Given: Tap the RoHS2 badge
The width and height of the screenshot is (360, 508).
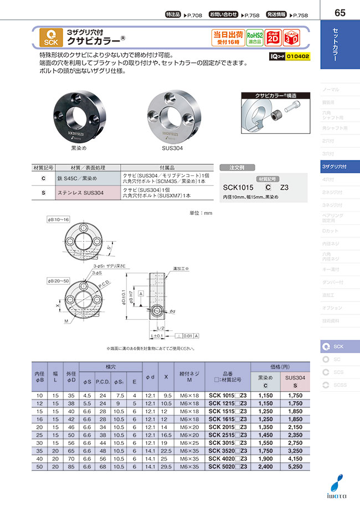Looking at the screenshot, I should (x=254, y=37).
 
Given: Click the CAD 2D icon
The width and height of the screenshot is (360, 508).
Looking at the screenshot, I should (x=272, y=37).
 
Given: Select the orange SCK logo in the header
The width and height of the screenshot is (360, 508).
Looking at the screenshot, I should (x=51, y=38).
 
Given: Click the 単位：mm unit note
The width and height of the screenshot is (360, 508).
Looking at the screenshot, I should (x=200, y=212).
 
